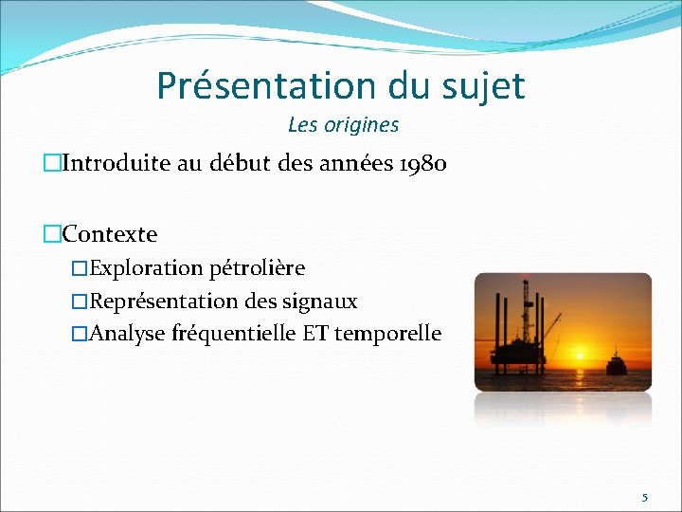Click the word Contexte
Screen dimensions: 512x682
pyautogui.click(x=110, y=233)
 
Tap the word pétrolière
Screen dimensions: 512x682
pyautogui.click(x=257, y=268)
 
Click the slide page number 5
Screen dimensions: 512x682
pyautogui.click(x=645, y=497)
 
